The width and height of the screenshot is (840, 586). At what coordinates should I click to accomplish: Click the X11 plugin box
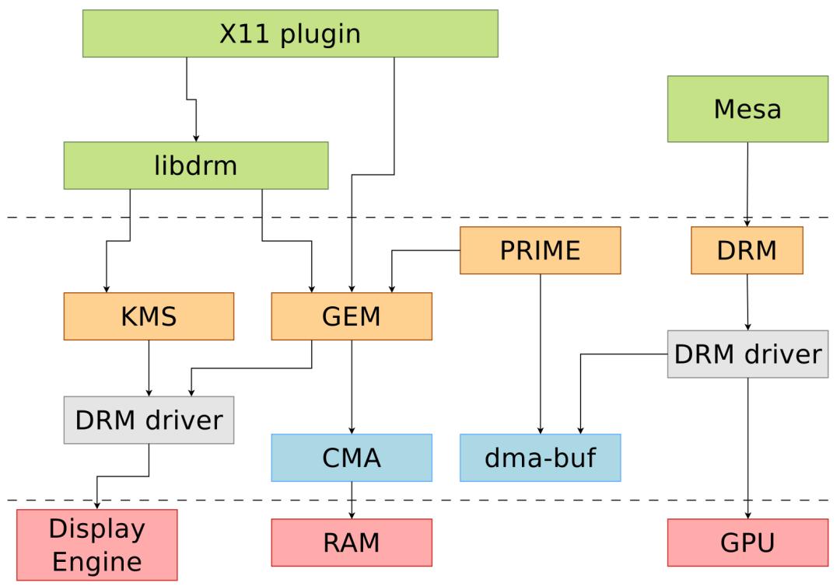pos(290,33)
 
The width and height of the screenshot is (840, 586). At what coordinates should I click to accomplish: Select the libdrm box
pos(196,166)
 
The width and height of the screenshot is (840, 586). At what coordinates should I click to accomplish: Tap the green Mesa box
pos(748,109)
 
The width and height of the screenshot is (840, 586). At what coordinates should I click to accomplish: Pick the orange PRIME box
pos(541,250)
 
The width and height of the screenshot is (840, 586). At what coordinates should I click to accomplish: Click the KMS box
pos(149,316)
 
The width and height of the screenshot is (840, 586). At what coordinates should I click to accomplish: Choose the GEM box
pos(352,316)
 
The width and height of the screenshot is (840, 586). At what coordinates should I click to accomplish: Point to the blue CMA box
pos(352,458)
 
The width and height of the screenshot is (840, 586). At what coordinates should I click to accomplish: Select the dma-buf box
pos(541,458)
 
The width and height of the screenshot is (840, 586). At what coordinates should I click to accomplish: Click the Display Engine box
pos(97,545)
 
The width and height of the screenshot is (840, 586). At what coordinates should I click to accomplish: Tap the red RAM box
pos(352,542)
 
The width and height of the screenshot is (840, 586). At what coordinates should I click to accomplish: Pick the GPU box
pos(748,542)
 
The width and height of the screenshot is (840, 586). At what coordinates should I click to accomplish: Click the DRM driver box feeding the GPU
pos(748,354)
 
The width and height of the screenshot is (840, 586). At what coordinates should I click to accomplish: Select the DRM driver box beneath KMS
pos(149,420)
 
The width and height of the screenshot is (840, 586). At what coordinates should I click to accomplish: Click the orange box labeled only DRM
pos(747,250)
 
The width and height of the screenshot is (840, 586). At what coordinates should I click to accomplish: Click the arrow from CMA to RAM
pos(352,501)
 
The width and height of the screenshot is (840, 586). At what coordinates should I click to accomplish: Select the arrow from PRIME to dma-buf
pos(541,354)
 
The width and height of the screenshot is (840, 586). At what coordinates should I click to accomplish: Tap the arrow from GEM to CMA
pos(352,387)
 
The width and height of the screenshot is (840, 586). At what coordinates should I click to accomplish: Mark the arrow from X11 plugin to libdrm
pos(192,99)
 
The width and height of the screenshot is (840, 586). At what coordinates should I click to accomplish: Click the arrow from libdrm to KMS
pos(118,241)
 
